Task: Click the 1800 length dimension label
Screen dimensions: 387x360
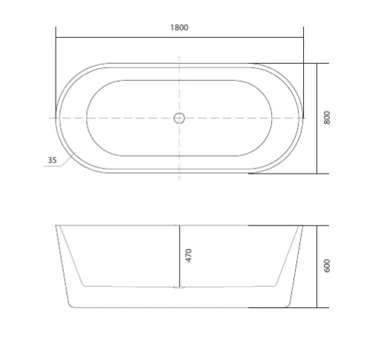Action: (179, 27)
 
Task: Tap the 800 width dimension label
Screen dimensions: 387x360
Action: (327, 118)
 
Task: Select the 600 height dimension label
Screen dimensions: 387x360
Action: (327, 266)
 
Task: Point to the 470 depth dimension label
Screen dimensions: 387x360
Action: (189, 255)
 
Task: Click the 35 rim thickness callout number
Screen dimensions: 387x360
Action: (52, 160)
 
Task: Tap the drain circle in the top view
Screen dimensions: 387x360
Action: (179, 118)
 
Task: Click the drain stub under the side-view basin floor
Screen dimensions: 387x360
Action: (179, 287)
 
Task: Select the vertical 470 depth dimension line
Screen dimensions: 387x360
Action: (180, 256)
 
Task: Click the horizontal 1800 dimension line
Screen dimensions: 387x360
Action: (180, 38)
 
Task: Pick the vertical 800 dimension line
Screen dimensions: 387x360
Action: (316, 119)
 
